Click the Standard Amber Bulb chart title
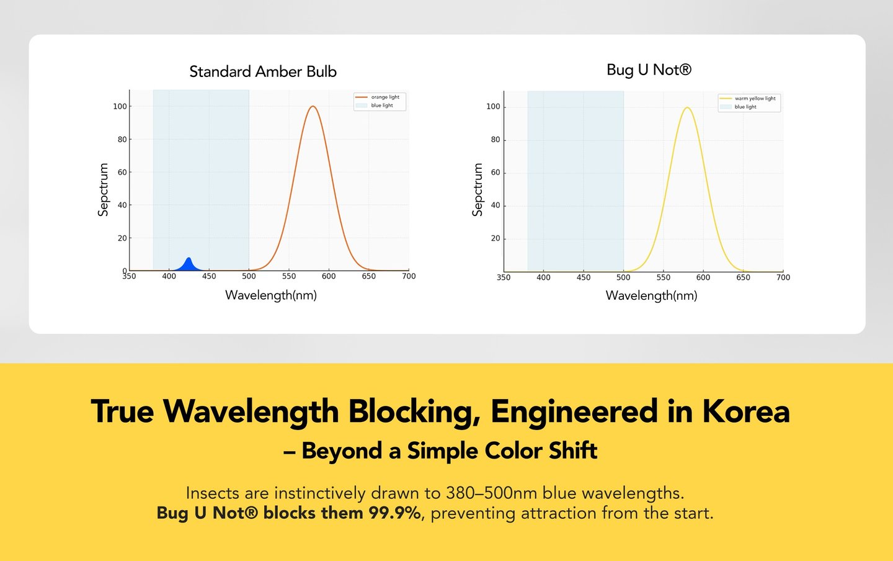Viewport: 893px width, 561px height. coord(263,72)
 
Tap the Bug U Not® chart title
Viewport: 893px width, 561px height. coord(649,70)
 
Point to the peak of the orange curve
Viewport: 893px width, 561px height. coord(313,107)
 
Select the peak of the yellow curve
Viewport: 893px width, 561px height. coord(687,108)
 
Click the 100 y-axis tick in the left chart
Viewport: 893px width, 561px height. coord(120,106)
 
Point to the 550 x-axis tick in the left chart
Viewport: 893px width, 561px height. coord(289,276)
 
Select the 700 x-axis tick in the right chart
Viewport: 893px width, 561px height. coord(783,277)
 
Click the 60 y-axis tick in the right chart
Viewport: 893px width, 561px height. coord(495,173)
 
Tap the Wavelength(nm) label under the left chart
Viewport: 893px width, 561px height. coord(271,295)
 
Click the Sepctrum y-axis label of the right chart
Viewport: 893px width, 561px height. coord(478,189)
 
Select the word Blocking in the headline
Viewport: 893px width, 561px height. coord(414,411)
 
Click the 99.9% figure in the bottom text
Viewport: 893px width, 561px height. coord(395,513)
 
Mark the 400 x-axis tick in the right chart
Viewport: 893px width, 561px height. coord(543,277)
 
